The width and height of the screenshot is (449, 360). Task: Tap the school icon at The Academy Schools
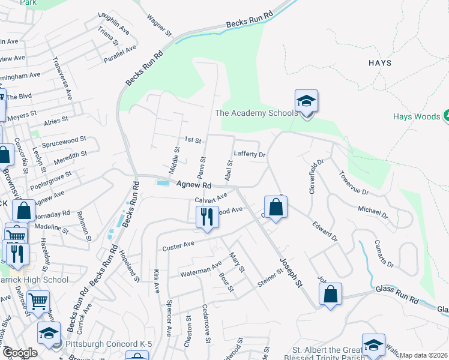pos(306,101)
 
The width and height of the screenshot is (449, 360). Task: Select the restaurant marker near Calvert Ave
pos(206,217)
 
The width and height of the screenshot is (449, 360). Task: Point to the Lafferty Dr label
pos(250,154)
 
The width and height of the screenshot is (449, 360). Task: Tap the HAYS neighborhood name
pos(380,63)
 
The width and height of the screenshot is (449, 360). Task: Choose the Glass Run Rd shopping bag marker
pos(330,294)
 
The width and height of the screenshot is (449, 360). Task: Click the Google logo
pos(19,353)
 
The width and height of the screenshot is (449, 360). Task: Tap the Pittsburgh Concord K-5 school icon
pos(49,333)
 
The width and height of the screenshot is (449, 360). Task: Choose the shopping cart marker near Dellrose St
pos(38,301)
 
